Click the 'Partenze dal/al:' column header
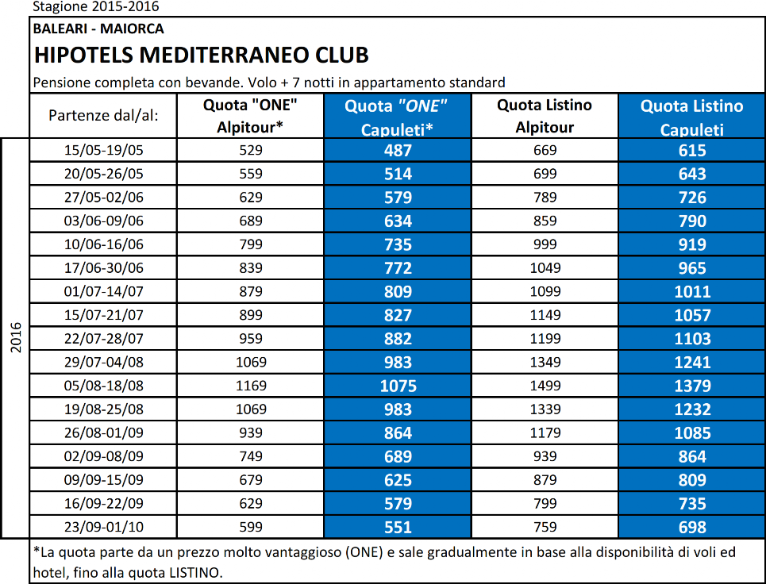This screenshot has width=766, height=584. coord(103,116)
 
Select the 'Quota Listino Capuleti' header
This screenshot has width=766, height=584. coord(691,117)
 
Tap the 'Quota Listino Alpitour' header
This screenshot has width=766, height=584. coord(545,116)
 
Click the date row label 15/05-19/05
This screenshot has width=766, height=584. coord(103,150)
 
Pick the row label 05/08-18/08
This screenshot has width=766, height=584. coord(103,386)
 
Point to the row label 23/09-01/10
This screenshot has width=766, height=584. coord(103,527)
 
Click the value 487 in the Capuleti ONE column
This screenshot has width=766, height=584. coord(398,151)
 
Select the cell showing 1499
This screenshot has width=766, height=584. coord(545,386)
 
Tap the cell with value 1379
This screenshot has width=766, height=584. coord(692,386)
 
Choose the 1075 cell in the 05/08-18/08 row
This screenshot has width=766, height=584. coord(398,386)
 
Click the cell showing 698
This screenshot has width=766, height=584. coord(692,528)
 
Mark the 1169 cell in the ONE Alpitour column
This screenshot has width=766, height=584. coord(251,386)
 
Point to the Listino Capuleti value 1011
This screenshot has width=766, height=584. coord(692,292)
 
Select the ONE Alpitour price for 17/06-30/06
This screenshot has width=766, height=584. coord(251,268)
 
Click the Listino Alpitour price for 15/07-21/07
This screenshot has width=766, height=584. coord(545,315)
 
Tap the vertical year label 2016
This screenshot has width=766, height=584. coord(16,337)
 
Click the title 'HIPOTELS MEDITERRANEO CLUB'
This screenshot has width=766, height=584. coord(202,56)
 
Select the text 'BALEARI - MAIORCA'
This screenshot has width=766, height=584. coord(98,29)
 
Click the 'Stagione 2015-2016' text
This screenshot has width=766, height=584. coord(96,6)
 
